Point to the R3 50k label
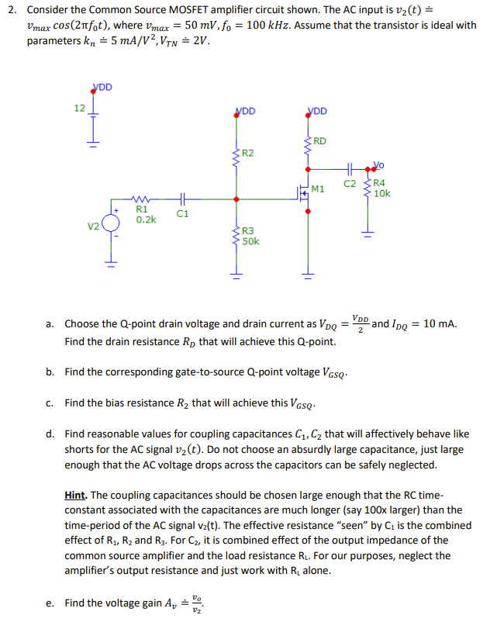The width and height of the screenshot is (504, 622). point(250,237)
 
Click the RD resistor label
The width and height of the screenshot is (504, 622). point(319,141)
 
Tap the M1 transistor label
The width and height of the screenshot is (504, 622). point(317,188)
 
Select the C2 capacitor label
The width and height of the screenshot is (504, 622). point(349,184)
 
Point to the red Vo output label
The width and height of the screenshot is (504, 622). point(378,164)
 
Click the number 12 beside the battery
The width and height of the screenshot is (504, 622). point(80,108)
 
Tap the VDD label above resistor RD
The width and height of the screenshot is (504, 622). point(317,111)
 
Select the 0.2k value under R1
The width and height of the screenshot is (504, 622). point(146,219)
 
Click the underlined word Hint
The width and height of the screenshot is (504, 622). point(80,494)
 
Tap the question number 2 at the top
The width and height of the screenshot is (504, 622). point(10,10)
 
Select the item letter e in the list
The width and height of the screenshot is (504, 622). point(50,603)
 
